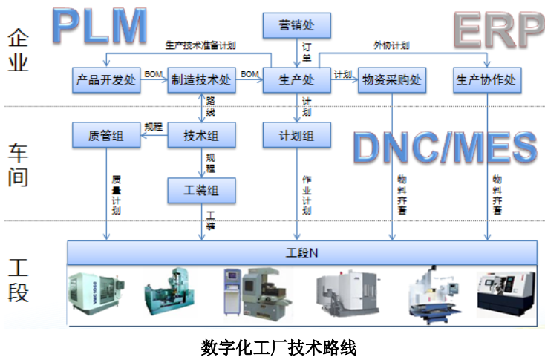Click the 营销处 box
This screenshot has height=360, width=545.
296,26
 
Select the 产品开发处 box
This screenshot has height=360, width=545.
106,80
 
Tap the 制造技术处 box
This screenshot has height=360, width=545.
201,80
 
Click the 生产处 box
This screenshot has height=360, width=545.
296,80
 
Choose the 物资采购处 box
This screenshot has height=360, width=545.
391,80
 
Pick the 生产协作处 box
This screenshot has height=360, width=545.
486,80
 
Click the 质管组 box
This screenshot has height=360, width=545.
106,135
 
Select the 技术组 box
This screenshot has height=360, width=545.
201,135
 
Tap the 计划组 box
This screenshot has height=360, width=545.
296,135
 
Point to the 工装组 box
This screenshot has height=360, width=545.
201,191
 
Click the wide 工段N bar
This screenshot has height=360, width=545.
301,252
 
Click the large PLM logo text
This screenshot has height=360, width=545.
100,24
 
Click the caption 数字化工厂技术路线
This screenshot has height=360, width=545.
278,345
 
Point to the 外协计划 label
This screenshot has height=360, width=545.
392,45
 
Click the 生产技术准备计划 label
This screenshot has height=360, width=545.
200,45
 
